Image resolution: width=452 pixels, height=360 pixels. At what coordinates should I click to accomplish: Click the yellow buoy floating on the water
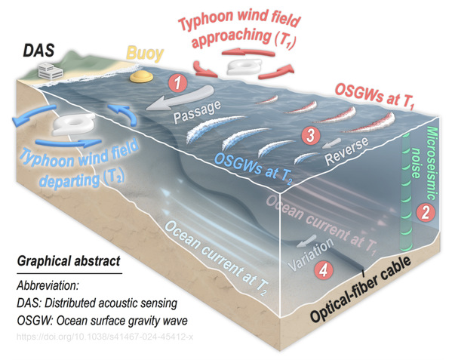point(141,77)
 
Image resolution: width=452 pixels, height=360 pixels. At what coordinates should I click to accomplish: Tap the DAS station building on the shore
point(51,71)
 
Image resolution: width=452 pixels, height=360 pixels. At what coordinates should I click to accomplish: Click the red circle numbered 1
point(178,83)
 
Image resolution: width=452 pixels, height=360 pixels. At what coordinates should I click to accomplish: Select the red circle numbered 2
point(425,213)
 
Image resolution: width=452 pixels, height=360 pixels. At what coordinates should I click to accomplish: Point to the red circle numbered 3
point(311,135)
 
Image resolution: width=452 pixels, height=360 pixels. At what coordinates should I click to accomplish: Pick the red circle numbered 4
point(324,269)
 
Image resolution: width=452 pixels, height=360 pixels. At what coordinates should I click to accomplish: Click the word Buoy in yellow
point(145,54)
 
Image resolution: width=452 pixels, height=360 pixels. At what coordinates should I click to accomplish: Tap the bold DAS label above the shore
point(38,51)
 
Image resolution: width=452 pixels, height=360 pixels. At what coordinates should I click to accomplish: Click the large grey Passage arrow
point(180,98)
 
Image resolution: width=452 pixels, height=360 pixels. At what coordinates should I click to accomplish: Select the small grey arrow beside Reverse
point(331,143)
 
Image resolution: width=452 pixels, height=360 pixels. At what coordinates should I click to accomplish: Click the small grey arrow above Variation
point(306,241)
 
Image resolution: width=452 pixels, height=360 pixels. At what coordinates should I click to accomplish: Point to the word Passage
point(198,112)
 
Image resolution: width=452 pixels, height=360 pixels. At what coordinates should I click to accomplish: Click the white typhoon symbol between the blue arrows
point(74,124)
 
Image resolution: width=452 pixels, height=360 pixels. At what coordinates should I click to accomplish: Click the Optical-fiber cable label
point(361,289)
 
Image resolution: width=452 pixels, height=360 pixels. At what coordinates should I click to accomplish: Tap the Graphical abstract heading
point(69,261)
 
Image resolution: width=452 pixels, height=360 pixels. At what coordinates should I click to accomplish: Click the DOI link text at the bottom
point(105,337)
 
